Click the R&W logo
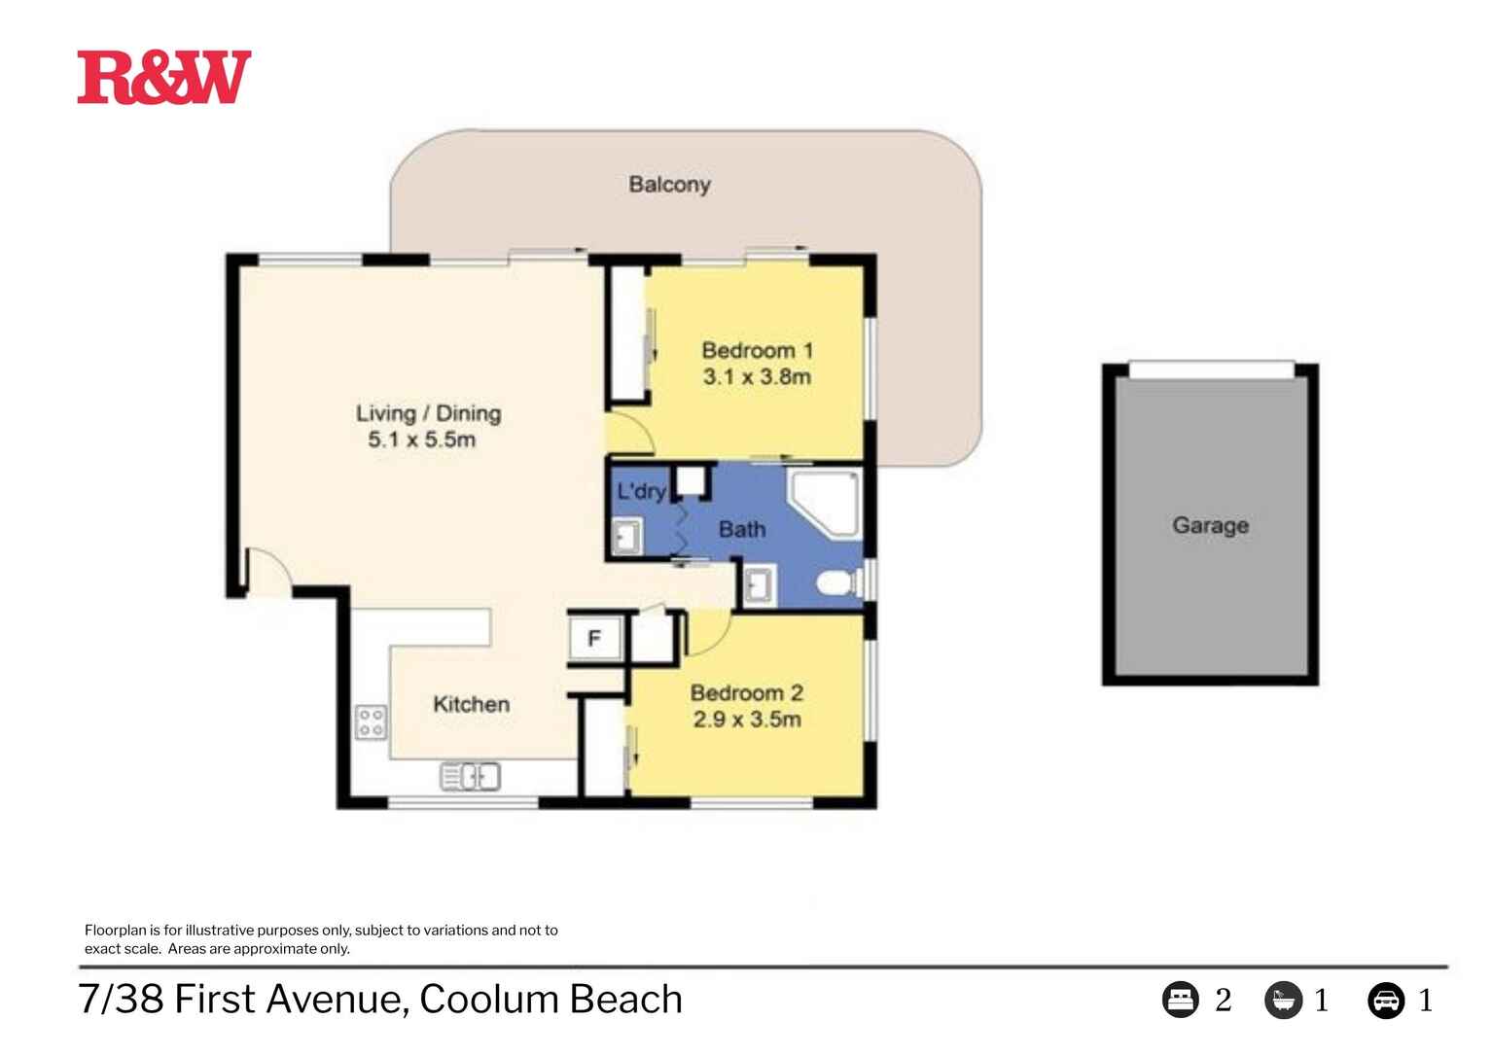click(163, 78)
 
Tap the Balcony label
click(669, 184)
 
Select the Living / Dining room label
click(428, 413)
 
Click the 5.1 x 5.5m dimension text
click(421, 440)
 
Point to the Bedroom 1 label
click(757, 350)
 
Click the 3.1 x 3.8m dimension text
click(757, 377)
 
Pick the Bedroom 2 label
click(746, 693)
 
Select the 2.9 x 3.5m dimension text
click(746, 720)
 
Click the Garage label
click(1210, 525)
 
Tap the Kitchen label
click(471, 704)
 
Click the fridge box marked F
click(594, 639)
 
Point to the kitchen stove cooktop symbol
click(371, 721)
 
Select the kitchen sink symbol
click(471, 776)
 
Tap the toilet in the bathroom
click(836, 584)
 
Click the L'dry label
click(640, 491)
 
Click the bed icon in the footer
click(1180, 1000)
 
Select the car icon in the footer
click(1385, 1000)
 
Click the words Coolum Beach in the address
click(551, 1000)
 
